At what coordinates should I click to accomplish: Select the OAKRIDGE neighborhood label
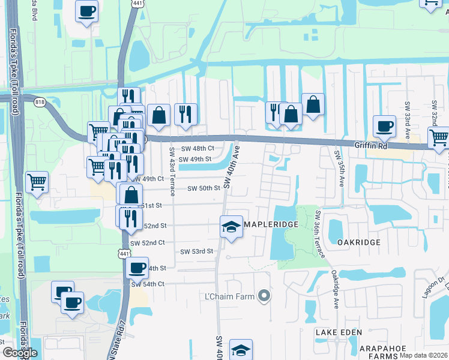pyautogui.click(x=359, y=242)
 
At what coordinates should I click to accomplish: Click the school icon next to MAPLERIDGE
pyautogui.click(x=231, y=226)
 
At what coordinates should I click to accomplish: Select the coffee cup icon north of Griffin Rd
pyautogui.click(x=384, y=126)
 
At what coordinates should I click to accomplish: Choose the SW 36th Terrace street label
pyautogui.click(x=318, y=234)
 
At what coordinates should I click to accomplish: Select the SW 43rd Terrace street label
pyautogui.click(x=172, y=170)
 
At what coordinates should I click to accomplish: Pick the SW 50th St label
pyautogui.click(x=204, y=188)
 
